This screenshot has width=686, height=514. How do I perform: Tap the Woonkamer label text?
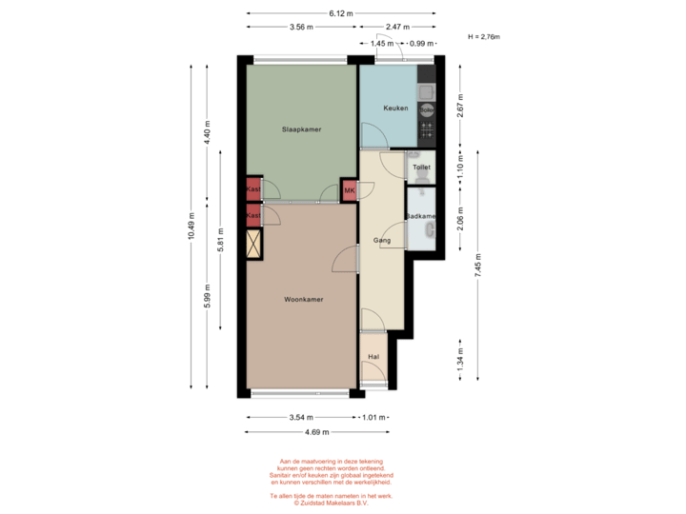coord(303,299)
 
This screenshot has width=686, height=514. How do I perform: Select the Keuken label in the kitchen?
coord(395,109)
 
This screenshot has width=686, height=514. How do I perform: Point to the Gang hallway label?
coord(382,241)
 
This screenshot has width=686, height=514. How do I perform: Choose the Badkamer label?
coord(420,217)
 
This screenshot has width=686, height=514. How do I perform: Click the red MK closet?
coord(350,190)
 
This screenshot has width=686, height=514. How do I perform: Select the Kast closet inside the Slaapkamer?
coord(253,189)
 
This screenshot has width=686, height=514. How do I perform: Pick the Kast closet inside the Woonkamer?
coord(253,217)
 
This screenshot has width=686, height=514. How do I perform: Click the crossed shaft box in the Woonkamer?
coord(253,245)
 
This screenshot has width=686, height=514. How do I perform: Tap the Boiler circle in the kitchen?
coord(426,109)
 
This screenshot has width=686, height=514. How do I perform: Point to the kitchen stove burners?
coord(426,130)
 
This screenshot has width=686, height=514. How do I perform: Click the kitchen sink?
coord(427,90)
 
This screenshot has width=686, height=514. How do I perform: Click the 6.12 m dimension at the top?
coord(341,13)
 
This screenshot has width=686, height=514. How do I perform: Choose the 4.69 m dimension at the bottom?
coord(317,431)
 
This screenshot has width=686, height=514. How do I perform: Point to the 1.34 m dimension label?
coord(460,358)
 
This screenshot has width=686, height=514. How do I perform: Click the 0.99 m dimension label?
coord(420,43)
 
